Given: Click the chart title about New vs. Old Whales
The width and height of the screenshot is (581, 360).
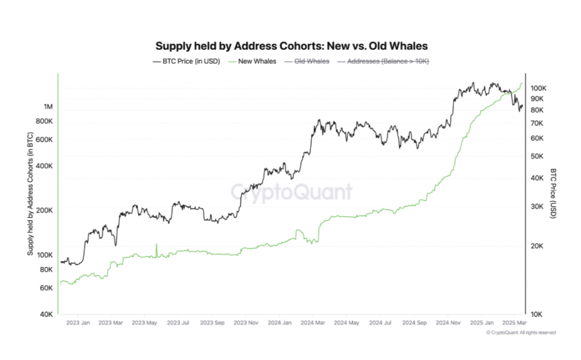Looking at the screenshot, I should [291, 45].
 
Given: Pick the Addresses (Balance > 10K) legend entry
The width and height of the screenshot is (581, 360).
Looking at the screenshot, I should [386, 61].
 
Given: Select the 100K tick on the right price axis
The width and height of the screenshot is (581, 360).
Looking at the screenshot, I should [538, 88].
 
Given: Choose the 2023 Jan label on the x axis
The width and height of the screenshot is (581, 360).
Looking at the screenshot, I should [78, 324].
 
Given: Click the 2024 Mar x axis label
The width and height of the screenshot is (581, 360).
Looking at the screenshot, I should [313, 324].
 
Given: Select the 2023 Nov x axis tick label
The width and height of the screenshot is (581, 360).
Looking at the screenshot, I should [246, 324].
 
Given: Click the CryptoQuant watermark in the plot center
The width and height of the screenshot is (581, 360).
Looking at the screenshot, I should [291, 192].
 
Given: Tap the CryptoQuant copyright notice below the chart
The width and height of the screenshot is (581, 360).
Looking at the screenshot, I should [520, 332].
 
